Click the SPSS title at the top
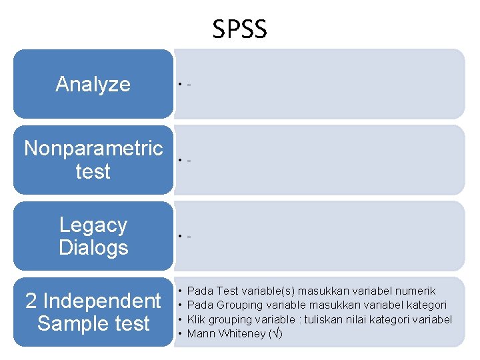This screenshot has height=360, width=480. coord(239,29)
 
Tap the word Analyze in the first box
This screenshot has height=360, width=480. coord(93,84)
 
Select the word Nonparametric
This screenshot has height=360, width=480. coord(93,148)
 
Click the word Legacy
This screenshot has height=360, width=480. coord(93,225)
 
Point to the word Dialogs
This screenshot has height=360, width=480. coord(93,247)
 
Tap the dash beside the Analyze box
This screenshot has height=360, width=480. coord(190,85)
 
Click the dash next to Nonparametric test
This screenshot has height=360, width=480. coord(190,161)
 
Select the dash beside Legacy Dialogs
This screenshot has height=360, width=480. coord(190,237)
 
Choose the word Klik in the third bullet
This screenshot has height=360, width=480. coord(197,319)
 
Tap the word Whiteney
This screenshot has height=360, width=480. coord(241,333)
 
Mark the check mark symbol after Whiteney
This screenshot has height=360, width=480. coord(275,333)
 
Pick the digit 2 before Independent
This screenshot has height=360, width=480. coord(31,301)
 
